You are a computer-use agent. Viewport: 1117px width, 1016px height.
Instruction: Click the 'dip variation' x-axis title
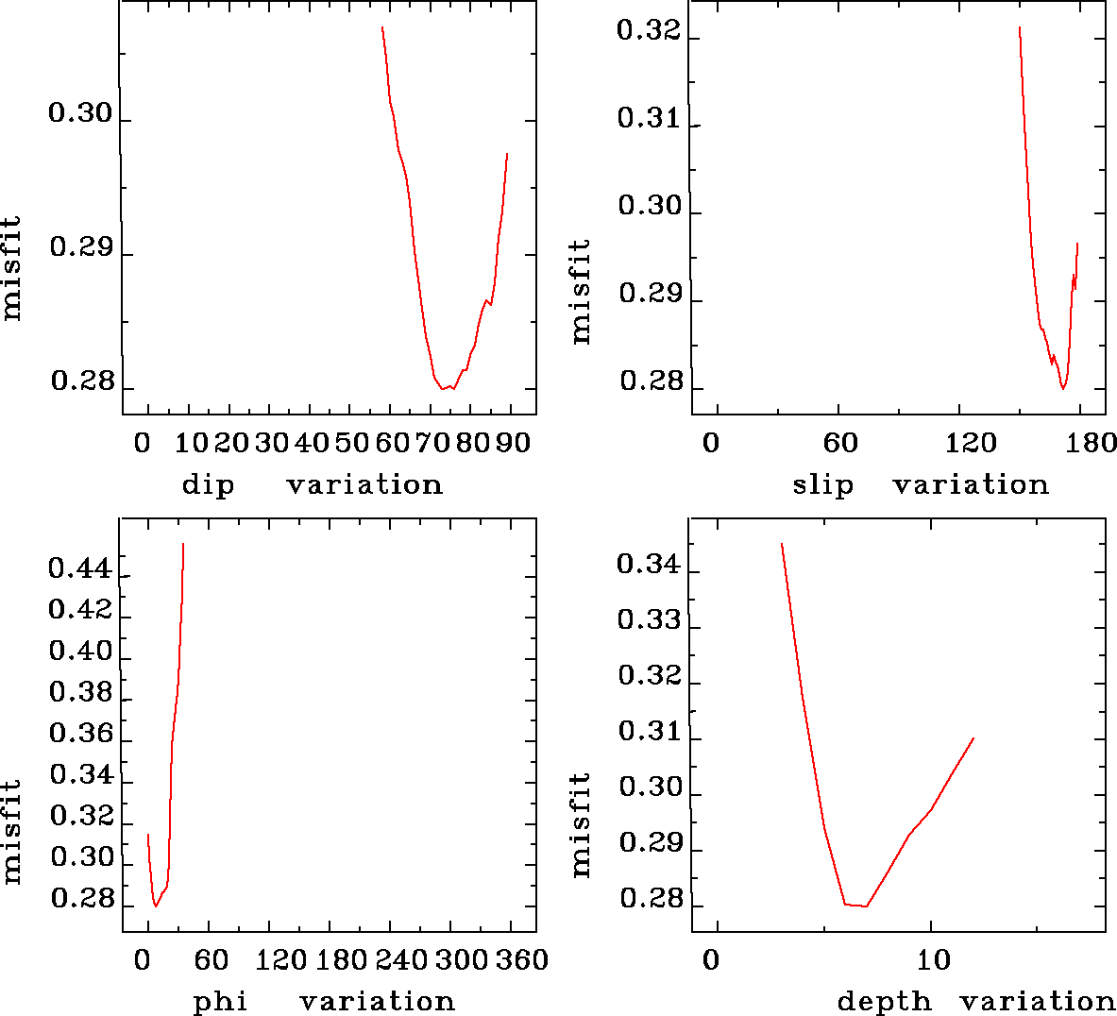(312, 485)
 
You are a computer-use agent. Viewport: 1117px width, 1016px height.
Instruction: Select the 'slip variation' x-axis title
(921, 485)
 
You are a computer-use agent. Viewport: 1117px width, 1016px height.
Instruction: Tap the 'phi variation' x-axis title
(324, 1001)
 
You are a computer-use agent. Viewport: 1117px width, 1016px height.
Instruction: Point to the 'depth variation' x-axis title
(976, 1001)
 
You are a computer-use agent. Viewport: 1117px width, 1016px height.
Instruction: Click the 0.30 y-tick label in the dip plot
(80, 114)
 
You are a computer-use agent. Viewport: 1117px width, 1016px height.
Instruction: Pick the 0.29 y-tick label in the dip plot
(81, 249)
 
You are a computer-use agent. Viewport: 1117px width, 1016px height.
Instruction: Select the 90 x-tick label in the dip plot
(515, 443)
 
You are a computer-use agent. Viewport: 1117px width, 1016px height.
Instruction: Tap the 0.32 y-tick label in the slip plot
(649, 31)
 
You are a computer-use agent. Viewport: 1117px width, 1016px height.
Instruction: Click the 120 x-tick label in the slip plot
(972, 443)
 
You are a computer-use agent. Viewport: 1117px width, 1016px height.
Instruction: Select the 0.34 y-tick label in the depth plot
(649, 565)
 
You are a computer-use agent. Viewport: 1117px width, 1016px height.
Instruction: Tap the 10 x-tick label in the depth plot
(933, 960)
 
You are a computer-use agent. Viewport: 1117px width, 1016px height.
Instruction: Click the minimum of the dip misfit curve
(441, 389)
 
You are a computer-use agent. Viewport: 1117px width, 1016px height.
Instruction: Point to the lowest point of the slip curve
(1063, 389)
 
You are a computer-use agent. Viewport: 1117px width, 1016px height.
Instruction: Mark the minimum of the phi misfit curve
(156, 906)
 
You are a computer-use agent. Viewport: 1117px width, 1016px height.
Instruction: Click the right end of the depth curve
(973, 738)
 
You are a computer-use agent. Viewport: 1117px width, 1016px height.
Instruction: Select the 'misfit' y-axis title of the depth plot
(581, 824)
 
